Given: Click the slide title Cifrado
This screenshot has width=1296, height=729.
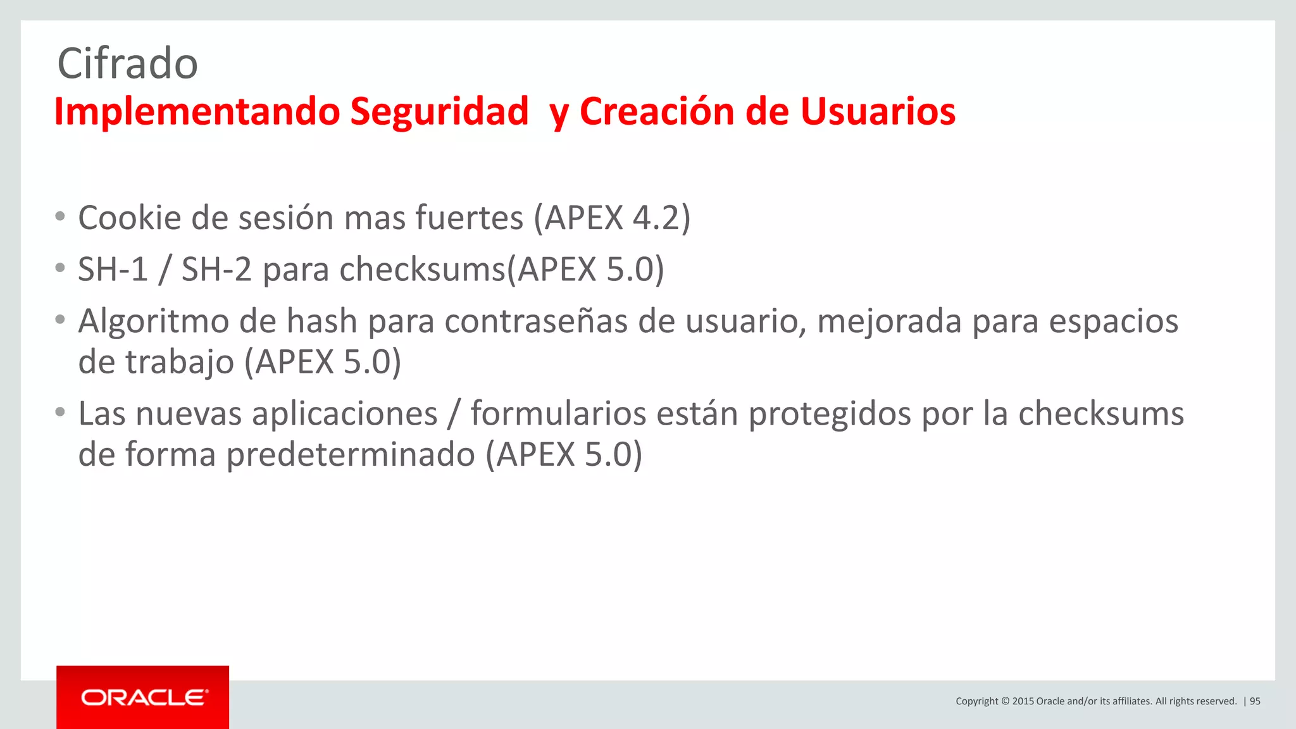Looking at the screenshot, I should (127, 64).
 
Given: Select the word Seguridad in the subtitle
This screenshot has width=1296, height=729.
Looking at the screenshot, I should (439, 112).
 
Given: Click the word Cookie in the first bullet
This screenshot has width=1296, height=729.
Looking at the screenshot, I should (129, 218).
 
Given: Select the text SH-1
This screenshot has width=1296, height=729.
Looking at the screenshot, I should (113, 270).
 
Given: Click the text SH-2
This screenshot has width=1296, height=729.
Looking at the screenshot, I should (216, 270).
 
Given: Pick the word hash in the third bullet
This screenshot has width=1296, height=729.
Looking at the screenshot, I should (321, 321).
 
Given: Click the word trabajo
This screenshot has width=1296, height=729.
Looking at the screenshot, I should (179, 363).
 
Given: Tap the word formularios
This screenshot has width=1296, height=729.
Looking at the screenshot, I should (558, 414).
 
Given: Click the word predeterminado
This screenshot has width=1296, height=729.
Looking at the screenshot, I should (350, 455).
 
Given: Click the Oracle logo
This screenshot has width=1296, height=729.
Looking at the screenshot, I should (143, 697).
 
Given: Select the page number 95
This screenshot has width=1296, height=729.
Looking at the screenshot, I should (1255, 701).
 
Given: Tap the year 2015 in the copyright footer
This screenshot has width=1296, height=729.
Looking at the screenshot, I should (1023, 701).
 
